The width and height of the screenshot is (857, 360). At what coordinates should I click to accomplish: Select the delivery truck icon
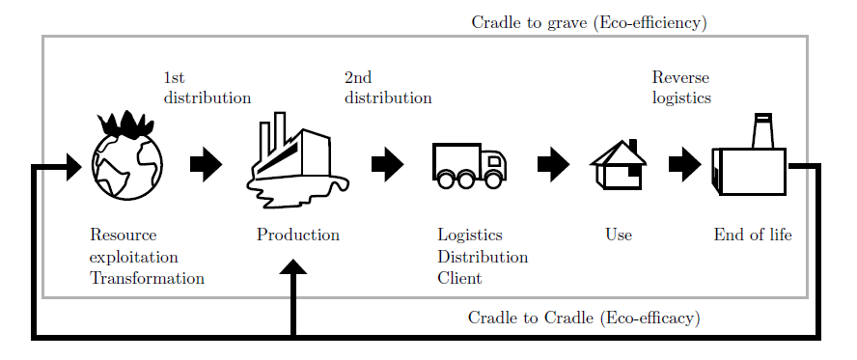pyautogui.click(x=469, y=166)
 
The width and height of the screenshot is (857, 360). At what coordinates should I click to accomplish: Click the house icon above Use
pyautogui.click(x=618, y=166)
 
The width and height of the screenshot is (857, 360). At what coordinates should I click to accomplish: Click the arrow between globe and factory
pyautogui.click(x=206, y=165)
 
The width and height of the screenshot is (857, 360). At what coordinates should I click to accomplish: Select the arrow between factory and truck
pyautogui.click(x=387, y=165)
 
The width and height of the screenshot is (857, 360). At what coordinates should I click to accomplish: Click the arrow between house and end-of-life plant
pyautogui.click(x=684, y=165)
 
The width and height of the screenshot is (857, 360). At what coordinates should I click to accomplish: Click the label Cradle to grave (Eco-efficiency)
pyautogui.click(x=589, y=22)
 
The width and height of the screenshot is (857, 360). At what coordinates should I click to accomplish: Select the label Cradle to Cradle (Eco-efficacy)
pyautogui.click(x=584, y=318)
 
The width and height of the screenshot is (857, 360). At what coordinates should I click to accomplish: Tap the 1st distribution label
pyautogui.click(x=207, y=88)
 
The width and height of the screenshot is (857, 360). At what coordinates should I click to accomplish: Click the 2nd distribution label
pyautogui.click(x=387, y=88)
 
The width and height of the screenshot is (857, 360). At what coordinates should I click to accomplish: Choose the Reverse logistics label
pyautogui.click(x=681, y=88)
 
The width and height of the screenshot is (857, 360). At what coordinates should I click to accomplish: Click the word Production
pyautogui.click(x=297, y=235)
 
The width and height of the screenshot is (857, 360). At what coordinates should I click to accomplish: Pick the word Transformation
pyautogui.click(x=147, y=279)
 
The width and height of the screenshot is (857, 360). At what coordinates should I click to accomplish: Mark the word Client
pyautogui.click(x=459, y=279)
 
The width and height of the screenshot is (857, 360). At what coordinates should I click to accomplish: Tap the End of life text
pyautogui.click(x=752, y=235)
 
